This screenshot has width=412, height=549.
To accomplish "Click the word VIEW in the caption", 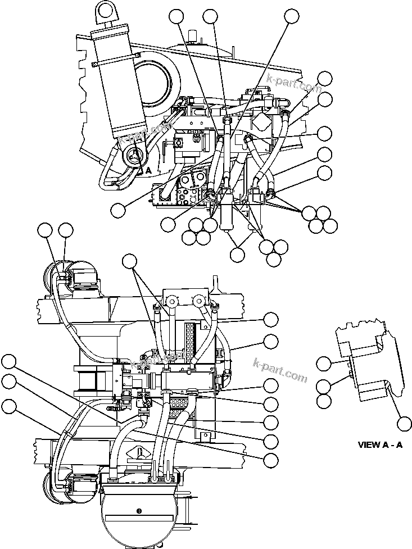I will (369, 444).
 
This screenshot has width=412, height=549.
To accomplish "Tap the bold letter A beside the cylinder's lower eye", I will (148, 169).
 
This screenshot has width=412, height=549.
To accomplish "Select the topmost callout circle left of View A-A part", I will (323, 364).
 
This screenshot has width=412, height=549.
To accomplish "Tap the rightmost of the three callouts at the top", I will (291, 16).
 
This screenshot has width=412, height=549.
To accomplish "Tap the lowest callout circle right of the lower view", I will (271, 459).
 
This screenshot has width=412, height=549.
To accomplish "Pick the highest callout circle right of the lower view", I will (271, 320).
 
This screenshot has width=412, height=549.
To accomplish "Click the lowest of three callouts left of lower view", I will (8, 405).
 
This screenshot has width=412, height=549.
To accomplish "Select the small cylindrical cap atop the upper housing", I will (194, 37).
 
